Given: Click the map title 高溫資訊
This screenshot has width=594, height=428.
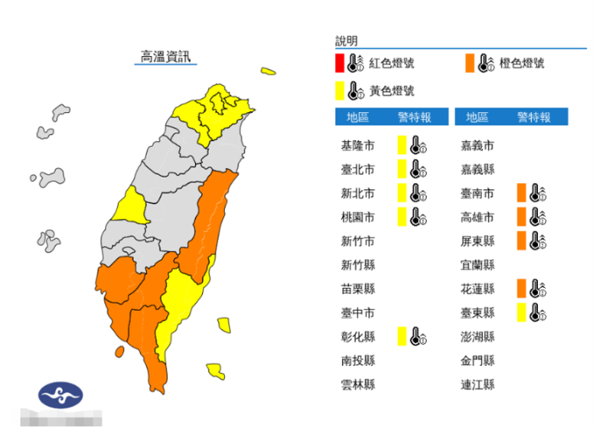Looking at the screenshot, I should tap(166, 58).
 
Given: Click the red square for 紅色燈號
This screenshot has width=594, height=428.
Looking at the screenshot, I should tap(339, 63).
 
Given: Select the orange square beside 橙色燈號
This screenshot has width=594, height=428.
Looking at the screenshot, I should tap(469, 63).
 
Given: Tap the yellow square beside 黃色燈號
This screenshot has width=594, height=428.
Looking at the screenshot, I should tap(339, 90).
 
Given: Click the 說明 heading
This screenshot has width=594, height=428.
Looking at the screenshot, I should tap(346, 41).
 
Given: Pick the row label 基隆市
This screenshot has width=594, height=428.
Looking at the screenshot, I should tap(356, 145).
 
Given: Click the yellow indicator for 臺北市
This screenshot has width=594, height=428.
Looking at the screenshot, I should tap(401, 169).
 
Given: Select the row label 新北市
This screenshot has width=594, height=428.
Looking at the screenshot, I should tap(356, 193).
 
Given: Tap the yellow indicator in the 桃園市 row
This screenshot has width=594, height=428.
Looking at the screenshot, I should tap(401, 217).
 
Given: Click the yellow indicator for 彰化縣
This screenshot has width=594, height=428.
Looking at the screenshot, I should tap(401, 336).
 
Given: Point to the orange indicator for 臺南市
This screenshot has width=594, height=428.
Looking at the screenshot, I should tap(520, 193).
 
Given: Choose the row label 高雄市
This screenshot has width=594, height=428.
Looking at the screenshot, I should tap(476, 217).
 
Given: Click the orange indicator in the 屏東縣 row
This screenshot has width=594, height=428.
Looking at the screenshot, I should tap(520, 240).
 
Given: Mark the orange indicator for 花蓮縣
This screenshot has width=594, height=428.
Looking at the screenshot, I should tap(520, 289).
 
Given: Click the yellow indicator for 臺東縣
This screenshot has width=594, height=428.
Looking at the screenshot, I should tap(520, 313).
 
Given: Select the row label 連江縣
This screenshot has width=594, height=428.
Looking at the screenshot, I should tap(476, 385).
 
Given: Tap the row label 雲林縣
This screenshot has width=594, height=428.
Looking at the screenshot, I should tap(356, 385).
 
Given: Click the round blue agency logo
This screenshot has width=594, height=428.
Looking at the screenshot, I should tap(61, 395).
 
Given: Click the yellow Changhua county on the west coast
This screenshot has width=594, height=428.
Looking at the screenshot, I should tap(132, 206).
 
